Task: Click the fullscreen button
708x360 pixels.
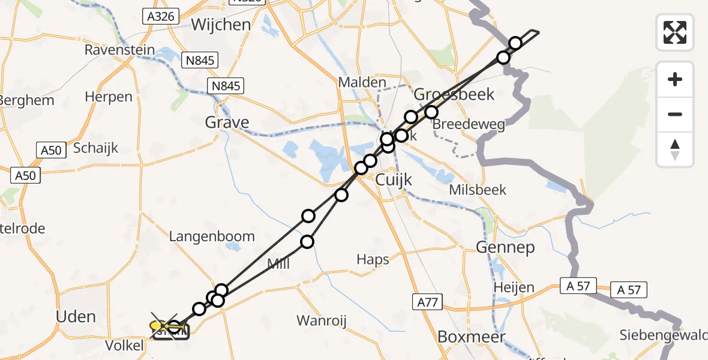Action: [675, 32]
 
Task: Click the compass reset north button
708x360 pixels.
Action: [675, 149]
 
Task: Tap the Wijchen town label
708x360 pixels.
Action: [221, 25]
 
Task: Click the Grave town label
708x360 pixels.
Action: [227, 123]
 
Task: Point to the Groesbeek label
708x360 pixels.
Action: [454, 94]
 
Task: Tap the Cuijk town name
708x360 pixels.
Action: [395, 179]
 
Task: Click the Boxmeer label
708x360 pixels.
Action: [471, 337]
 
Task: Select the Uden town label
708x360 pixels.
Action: [75, 316]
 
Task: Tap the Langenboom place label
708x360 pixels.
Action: [212, 236]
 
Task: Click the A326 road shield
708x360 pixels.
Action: [161, 16]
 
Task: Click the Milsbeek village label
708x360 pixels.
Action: [478, 190]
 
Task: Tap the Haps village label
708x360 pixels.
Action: [373, 259]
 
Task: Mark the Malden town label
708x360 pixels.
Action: [362, 82]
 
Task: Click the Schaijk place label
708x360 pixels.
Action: [95, 148]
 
